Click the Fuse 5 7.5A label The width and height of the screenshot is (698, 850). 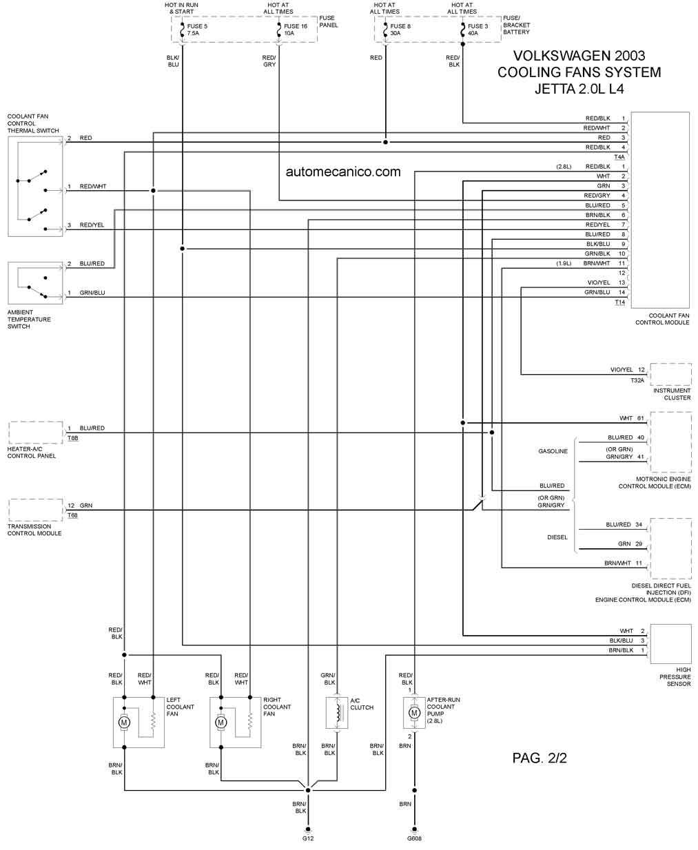197,30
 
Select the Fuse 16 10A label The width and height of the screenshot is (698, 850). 295,30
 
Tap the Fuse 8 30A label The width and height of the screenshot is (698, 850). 400,30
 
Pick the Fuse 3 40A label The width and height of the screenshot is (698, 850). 478,30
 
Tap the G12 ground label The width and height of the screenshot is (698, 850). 308,838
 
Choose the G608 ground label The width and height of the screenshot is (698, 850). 414,838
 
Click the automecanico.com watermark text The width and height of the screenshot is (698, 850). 343,172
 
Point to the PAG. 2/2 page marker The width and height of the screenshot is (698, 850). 540,758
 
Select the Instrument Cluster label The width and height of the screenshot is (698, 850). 672,394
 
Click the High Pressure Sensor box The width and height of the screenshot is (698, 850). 670,644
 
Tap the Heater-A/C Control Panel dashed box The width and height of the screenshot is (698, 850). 35,433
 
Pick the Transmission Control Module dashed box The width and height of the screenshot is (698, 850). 35,510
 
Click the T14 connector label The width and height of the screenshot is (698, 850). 619,302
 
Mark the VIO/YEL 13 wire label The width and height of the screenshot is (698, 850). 606,282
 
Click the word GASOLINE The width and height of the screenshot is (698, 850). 553,451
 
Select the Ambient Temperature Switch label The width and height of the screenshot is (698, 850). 29,319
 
